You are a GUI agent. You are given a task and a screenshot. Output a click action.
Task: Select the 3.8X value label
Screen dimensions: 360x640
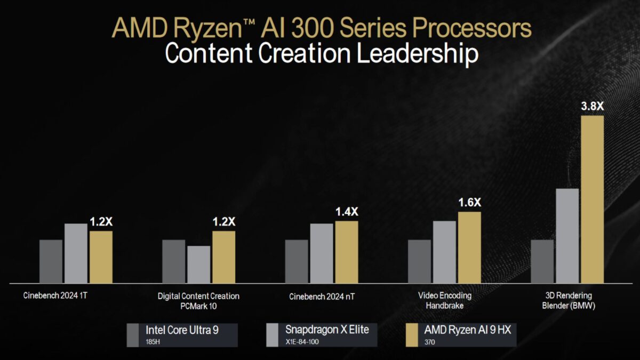coord(592,106)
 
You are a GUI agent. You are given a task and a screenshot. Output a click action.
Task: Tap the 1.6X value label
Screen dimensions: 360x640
coord(469,203)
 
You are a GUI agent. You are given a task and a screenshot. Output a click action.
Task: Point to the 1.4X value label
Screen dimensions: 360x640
coord(347,212)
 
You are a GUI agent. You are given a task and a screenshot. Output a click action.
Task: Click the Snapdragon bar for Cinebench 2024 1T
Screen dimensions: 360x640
coord(76,253)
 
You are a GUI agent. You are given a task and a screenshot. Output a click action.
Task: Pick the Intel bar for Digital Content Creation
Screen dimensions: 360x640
coord(174,261)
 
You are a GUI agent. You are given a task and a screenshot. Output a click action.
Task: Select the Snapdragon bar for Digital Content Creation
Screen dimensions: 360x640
coord(199,265)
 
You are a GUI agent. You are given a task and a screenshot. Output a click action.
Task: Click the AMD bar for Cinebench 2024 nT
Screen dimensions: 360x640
coord(347,252)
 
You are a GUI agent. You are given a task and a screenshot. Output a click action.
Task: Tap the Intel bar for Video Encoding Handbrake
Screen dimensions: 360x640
coord(419,261)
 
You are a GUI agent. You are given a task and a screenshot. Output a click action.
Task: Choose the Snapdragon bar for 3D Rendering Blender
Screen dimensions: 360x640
coord(567,236)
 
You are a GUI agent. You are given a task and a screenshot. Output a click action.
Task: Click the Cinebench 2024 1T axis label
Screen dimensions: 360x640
coord(55,295)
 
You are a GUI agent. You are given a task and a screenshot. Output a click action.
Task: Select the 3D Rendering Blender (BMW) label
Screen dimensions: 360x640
coord(569,300)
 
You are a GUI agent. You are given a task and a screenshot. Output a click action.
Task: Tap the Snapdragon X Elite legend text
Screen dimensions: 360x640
coord(326,330)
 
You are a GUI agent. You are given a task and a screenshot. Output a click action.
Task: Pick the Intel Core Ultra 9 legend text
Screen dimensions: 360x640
coord(182,330)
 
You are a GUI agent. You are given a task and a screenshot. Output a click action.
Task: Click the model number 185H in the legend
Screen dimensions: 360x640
coord(153,341)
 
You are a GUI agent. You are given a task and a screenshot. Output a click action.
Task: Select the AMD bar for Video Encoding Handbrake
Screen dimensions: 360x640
coord(469,247)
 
